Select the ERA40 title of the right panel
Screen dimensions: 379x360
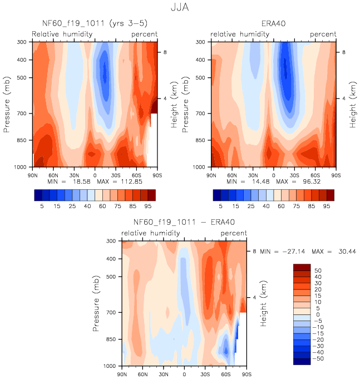click(273, 23)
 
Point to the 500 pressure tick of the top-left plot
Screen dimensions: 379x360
click(23, 77)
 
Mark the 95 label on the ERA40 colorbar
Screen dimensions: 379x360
click(327, 206)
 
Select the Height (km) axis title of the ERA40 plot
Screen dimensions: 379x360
click(352, 104)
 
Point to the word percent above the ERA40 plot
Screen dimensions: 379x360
click(323, 35)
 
